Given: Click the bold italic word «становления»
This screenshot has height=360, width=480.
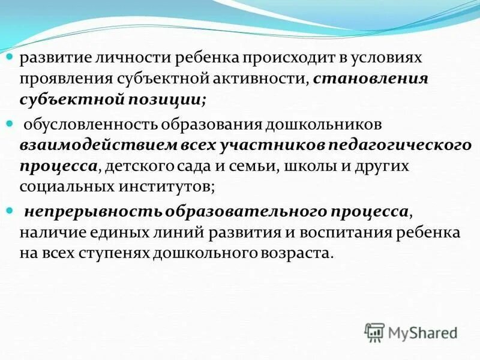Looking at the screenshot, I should tap(370, 79).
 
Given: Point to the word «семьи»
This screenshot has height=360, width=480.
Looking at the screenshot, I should tap(250, 166).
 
